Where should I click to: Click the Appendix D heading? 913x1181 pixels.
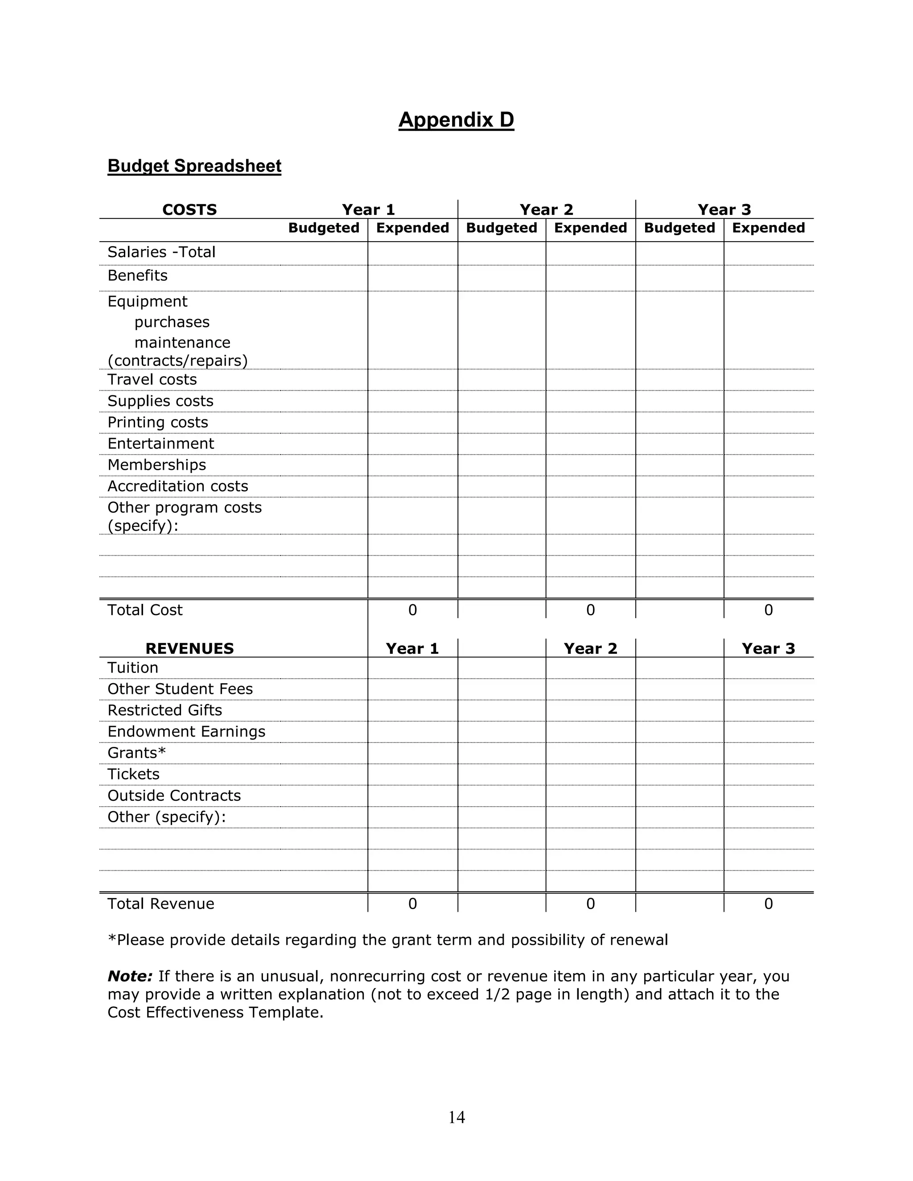pos(456,119)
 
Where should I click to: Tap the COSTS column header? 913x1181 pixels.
pos(189,209)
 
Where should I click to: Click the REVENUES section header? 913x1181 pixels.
pos(189,648)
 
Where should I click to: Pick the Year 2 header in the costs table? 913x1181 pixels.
pos(546,209)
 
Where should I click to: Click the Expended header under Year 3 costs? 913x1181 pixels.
pos(768,228)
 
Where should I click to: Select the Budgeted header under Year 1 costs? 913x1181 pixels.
pos(324,228)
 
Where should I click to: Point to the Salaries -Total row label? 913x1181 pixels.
pos(161,252)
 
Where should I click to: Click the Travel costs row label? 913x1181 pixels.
pos(152,380)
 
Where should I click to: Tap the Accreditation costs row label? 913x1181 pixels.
pos(177,486)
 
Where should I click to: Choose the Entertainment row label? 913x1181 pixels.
pos(160,443)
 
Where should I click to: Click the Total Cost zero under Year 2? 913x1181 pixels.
pos(590,610)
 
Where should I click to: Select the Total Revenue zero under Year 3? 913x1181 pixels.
pos(768,904)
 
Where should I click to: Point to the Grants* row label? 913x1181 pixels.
pos(136,753)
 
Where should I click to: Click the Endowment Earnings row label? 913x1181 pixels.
pos(186,732)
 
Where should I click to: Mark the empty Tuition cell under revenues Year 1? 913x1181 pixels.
pos(412,668)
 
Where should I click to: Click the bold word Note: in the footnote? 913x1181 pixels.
pos(130,976)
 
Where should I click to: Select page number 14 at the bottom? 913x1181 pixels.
pos(456,1117)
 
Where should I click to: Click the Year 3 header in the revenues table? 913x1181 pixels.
pos(768,648)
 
